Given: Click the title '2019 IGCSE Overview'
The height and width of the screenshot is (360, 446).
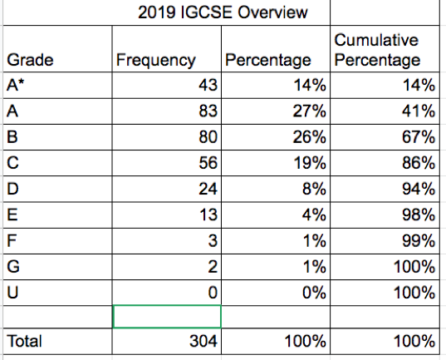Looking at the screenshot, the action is click(223, 12).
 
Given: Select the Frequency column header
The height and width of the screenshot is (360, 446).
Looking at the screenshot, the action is click(156, 60).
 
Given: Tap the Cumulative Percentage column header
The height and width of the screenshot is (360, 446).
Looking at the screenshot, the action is click(377, 50).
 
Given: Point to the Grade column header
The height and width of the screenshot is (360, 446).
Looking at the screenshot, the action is click(30, 60).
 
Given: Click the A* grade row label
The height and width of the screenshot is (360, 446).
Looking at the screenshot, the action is click(16, 85).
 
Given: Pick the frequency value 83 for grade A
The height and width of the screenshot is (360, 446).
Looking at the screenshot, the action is click(208, 111).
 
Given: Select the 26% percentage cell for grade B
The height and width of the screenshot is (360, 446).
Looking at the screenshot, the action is click(310, 136).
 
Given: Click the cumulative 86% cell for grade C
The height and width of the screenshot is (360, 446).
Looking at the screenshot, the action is click(419, 163).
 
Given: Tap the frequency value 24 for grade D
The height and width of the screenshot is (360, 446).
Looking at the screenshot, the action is click(208, 189).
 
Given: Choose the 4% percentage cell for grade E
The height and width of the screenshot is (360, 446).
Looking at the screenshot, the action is click(314, 215).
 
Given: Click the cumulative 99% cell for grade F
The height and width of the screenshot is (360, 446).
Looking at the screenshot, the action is click(419, 240).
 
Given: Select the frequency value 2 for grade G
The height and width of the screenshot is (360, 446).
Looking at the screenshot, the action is click(213, 267).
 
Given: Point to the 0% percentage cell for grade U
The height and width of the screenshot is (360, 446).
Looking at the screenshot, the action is click(314, 293).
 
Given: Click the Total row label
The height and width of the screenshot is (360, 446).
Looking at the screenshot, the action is click(24, 341).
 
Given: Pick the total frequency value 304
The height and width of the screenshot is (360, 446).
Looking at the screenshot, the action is click(203, 341).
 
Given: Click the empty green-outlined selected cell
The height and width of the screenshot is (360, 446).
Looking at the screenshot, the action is click(167, 317).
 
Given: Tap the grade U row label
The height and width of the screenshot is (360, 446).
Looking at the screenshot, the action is click(12, 293).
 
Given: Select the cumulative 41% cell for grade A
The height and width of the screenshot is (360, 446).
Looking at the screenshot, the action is click(419, 111).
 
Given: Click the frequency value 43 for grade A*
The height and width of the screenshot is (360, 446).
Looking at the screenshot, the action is click(208, 85).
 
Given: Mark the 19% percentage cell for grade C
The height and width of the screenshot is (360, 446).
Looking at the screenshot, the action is click(310, 163).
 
